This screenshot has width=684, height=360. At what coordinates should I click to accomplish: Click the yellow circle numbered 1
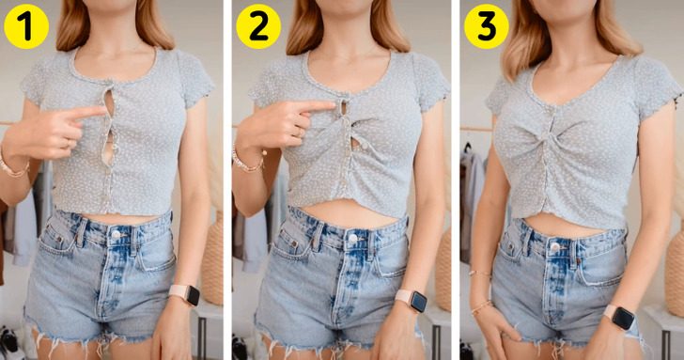(x=26, y=26)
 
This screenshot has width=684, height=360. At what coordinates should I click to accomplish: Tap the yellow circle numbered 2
(x=258, y=26)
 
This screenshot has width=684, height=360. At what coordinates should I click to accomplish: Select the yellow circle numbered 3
(x=487, y=26)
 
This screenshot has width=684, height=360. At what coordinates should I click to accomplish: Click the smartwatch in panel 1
(x=185, y=294)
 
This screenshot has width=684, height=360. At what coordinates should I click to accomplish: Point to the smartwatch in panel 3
(x=620, y=317)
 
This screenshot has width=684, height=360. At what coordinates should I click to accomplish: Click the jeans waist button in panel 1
(x=116, y=234)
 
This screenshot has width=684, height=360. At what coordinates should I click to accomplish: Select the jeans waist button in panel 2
(x=352, y=238)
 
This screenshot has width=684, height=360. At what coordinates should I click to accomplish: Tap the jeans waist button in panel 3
(x=554, y=247)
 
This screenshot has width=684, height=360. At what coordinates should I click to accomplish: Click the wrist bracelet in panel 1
(x=13, y=168)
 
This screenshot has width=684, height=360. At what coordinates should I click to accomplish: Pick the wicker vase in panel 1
(x=213, y=258)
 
